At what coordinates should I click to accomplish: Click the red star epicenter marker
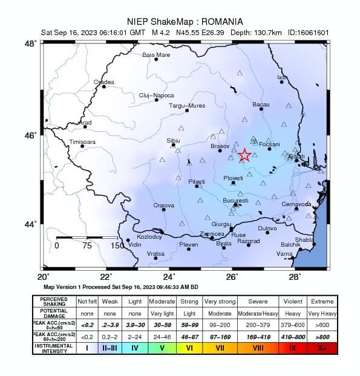point(244,155)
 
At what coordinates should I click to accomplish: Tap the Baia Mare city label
point(156,54)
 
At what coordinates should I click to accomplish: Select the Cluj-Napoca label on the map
point(156,95)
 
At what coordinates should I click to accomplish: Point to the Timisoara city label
point(83,141)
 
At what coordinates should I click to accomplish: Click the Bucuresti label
point(235,200)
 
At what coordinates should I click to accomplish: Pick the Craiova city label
point(163,206)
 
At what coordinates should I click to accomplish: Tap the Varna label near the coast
point(284,254)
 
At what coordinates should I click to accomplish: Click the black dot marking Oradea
point(104,86)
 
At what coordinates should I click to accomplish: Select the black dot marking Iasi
point(282,82)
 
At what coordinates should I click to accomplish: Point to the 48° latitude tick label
point(30,44)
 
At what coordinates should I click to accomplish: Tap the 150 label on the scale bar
point(117,245)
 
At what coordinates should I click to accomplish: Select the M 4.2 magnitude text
point(162,33)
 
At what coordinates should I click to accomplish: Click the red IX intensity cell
point(293,348)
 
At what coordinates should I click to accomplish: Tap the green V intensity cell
point(162,348)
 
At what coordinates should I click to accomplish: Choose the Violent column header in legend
point(293,300)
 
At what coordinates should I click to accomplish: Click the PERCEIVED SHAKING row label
point(54,300)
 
